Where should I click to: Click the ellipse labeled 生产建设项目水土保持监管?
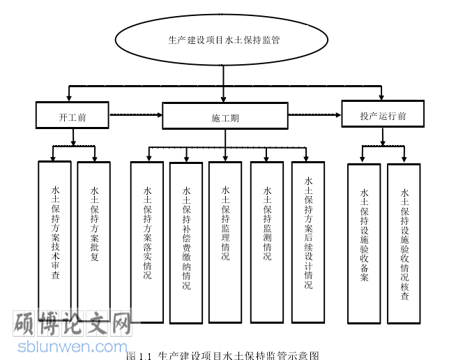[224, 40]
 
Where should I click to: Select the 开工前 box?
[73, 116]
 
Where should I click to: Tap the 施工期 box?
[224, 117]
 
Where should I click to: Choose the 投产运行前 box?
[382, 114]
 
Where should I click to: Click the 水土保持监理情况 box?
[225, 241]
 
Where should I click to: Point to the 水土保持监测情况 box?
[267, 241]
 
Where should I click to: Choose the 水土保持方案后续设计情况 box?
[308, 241]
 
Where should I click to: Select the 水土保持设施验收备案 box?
[364, 243]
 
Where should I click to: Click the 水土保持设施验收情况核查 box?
[404, 243]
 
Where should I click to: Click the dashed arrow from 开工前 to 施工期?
[135, 114]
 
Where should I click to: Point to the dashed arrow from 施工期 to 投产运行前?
[314, 113]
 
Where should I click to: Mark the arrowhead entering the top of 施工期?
[224, 99]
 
